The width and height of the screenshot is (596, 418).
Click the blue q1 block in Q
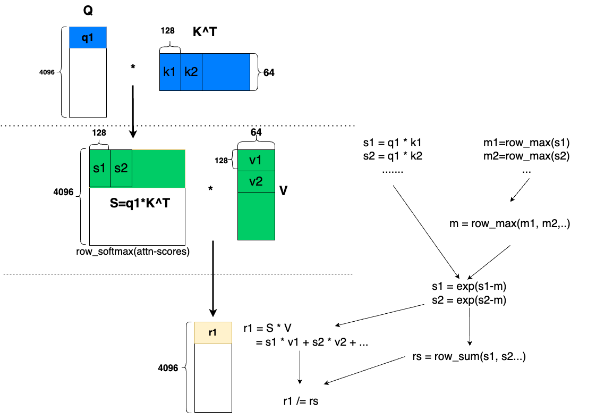click(88, 38)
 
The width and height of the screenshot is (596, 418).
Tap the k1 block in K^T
click(170, 72)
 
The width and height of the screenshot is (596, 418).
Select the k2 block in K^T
click(191, 72)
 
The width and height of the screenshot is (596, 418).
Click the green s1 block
click(100, 169)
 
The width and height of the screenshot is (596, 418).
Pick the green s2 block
click(121, 169)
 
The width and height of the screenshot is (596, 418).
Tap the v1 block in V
click(256, 160)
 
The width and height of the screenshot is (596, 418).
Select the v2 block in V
click(256, 181)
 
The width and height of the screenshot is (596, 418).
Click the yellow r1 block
click(213, 332)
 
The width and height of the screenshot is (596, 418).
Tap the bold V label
click(284, 191)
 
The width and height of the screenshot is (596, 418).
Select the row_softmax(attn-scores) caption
click(133, 252)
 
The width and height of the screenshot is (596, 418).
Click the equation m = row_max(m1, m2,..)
click(510, 224)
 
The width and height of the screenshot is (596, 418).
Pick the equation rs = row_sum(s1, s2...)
click(469, 357)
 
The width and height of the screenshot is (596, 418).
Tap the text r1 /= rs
click(301, 402)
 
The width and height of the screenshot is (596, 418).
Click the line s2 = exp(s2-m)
click(469, 299)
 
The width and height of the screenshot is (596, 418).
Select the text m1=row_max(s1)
click(526, 143)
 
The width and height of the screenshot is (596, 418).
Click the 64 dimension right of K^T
click(269, 72)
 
